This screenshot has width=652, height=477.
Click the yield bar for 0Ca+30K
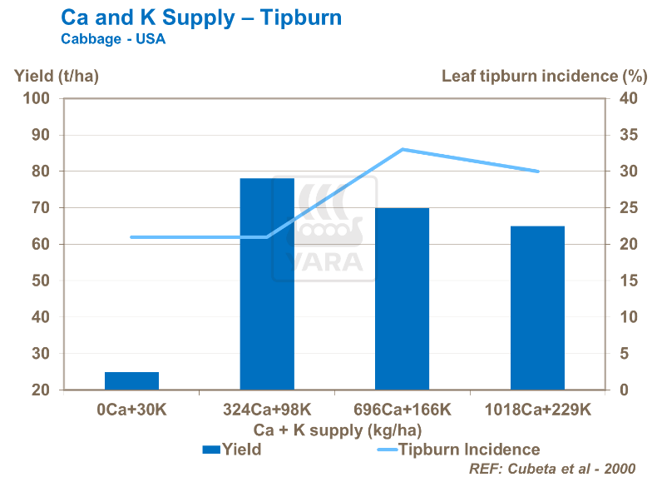click(x=131, y=380)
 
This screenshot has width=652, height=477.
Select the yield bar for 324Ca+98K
click(x=267, y=284)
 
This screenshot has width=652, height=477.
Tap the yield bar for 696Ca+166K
click(x=402, y=299)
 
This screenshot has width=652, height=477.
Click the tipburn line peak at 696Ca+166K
click(x=403, y=150)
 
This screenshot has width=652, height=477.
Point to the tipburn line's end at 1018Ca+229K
click(x=538, y=171)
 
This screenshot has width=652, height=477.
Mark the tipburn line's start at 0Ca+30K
click(x=131, y=237)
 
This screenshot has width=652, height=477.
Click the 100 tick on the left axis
click(x=38, y=98)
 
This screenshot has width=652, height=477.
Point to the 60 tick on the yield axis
click(x=42, y=244)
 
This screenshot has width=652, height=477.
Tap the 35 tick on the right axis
click(x=630, y=135)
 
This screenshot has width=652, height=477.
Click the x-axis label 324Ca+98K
click(x=267, y=410)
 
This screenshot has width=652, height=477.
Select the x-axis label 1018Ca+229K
click(x=537, y=410)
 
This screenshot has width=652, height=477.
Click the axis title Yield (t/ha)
click(x=57, y=77)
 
